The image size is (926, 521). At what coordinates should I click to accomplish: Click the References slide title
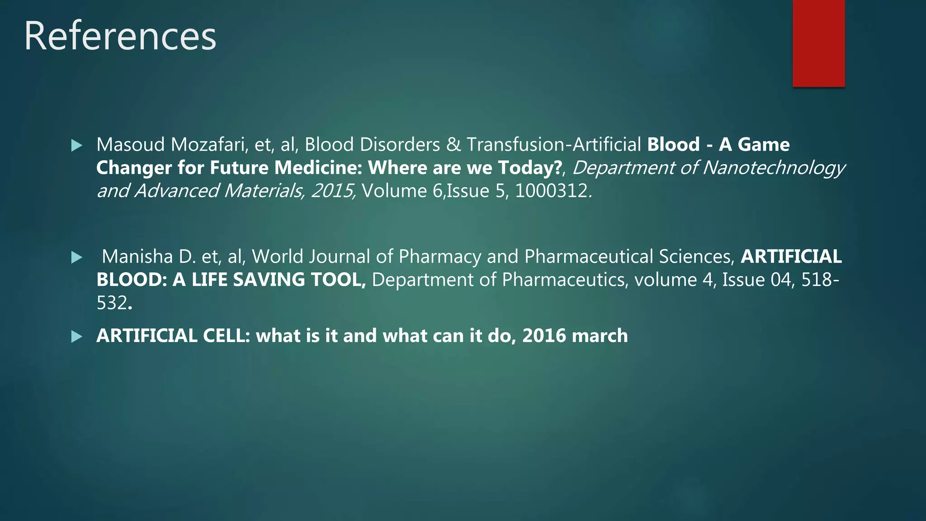(120, 36)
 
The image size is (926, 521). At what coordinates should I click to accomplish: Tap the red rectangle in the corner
(818, 43)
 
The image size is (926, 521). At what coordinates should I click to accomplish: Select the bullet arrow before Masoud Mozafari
(77, 146)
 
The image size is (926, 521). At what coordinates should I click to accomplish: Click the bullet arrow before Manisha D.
(77, 258)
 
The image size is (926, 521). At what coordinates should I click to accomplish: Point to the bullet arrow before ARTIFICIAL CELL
(77, 336)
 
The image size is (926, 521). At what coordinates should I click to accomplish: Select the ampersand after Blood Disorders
(453, 145)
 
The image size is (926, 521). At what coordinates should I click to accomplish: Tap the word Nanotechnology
(774, 168)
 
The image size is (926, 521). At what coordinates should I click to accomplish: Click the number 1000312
(551, 191)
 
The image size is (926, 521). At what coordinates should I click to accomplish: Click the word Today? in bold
(530, 168)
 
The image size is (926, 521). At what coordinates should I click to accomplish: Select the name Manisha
(137, 256)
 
